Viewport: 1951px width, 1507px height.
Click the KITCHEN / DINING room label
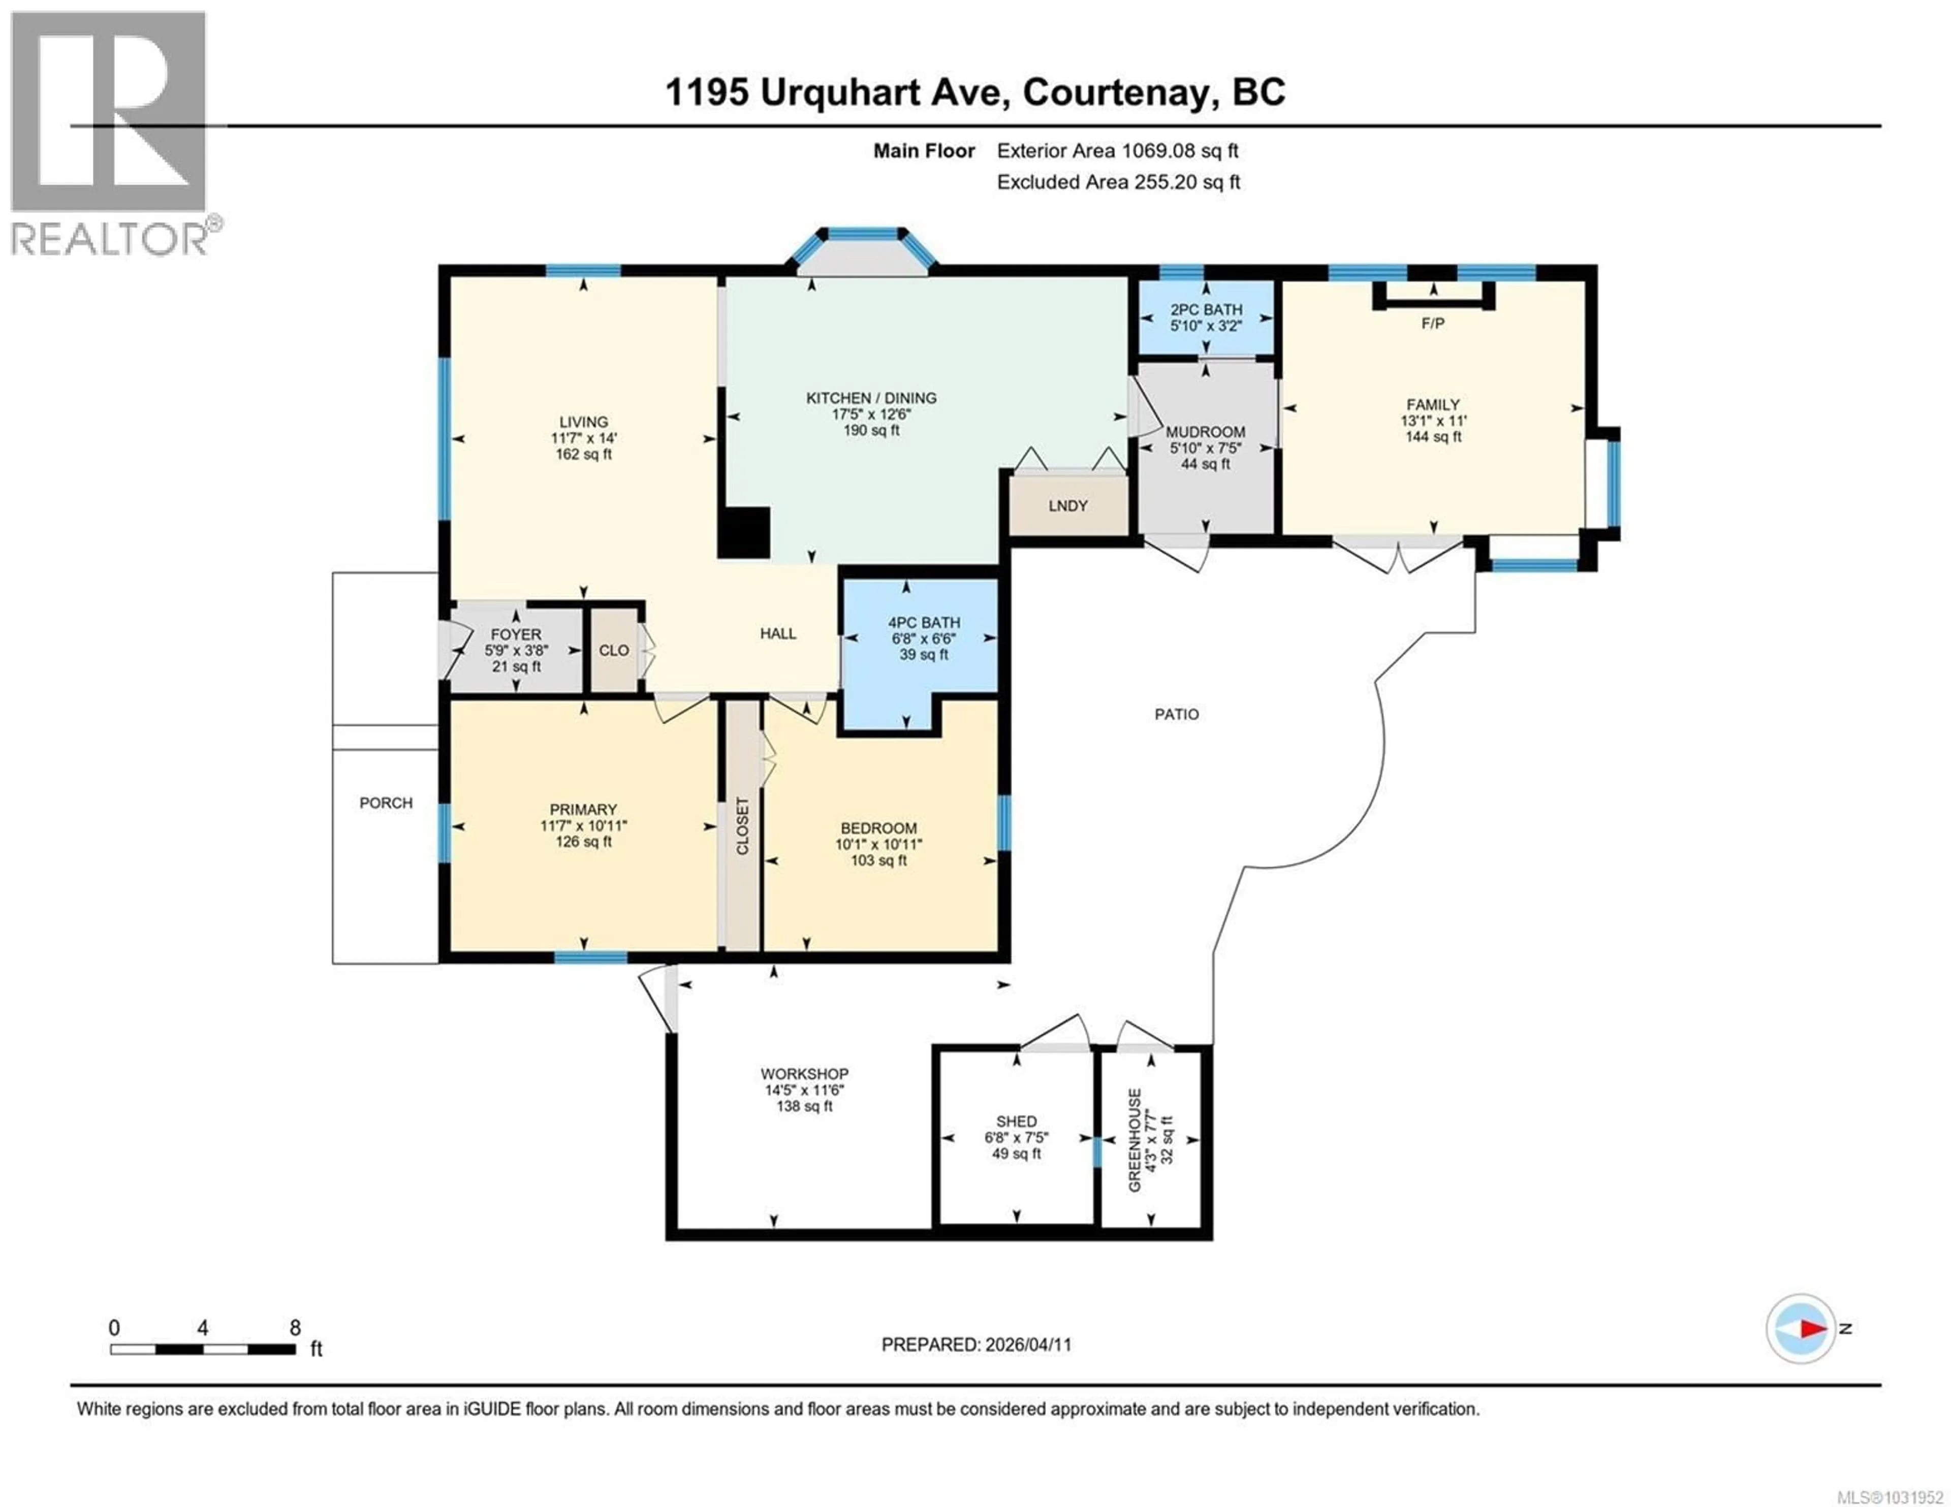(871, 398)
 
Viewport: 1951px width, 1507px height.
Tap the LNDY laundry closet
(1067, 505)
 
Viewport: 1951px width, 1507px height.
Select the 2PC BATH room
(1206, 317)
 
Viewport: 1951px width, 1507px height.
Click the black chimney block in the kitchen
(744, 533)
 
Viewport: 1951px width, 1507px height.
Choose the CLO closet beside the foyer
(614, 650)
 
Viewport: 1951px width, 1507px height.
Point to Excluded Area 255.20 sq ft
(1118, 182)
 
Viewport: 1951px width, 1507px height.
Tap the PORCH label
(386, 803)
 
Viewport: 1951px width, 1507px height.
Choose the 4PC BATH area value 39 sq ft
(924, 655)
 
